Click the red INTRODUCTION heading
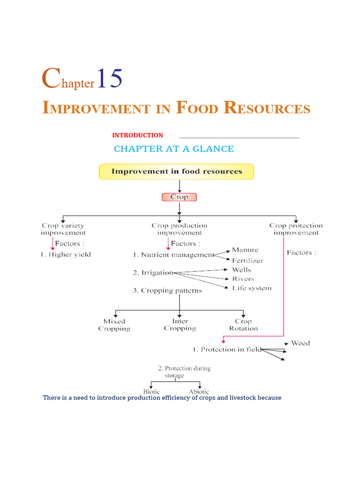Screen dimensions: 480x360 (137, 135)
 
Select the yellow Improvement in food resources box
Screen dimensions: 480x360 (176, 172)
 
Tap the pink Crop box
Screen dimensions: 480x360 (179, 197)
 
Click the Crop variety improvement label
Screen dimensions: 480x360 (63, 229)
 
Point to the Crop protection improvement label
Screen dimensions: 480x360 (296, 229)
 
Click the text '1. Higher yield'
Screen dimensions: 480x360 (66, 255)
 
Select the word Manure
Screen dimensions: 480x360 (245, 250)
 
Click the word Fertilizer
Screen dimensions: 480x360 (247, 260)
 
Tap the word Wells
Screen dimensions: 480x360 (241, 270)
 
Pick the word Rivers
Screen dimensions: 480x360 (243, 279)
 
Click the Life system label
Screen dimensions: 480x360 (251, 288)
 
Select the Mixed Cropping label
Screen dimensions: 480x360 (114, 325)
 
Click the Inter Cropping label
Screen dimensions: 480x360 (180, 325)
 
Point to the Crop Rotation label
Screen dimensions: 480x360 (243, 325)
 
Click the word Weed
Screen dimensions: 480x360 (300, 343)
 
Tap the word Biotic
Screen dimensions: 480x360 (151, 391)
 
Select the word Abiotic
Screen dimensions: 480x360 (199, 391)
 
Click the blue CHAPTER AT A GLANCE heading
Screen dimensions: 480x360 (173, 149)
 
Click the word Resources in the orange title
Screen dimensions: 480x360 (267, 108)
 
